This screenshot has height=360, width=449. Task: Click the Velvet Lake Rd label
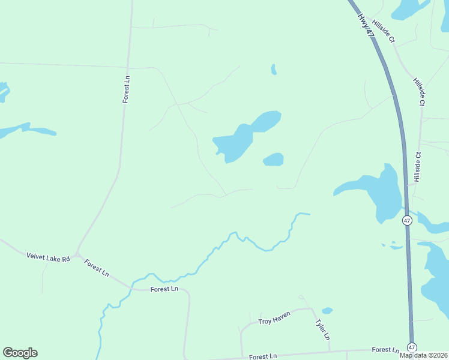pyautogui.click(x=48, y=257)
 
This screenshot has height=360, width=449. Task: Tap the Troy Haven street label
pyautogui.click(x=274, y=318)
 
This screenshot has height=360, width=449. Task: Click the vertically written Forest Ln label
pyautogui.click(x=126, y=89)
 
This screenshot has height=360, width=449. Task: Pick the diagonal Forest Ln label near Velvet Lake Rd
pyautogui.click(x=96, y=268)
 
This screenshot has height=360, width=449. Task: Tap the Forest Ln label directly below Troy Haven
pyautogui.click(x=263, y=356)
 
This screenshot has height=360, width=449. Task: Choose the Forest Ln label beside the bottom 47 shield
pyautogui.click(x=385, y=350)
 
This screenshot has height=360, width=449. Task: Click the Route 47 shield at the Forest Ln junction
pyautogui.click(x=412, y=347)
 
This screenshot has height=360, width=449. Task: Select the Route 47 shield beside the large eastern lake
pyautogui.click(x=408, y=220)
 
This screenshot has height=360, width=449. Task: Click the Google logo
pyautogui.click(x=20, y=353)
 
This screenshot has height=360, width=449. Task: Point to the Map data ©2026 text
pyautogui.click(x=423, y=355)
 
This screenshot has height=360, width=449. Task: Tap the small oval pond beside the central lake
pyautogui.click(x=274, y=160)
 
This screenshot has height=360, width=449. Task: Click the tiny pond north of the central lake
pyautogui.click(x=274, y=70)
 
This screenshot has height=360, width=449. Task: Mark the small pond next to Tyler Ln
pyautogui.click(x=327, y=311)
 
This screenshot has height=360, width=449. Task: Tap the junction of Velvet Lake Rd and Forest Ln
pyautogui.click(x=77, y=254)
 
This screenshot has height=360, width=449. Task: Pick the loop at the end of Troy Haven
pyautogui.click(x=301, y=298)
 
